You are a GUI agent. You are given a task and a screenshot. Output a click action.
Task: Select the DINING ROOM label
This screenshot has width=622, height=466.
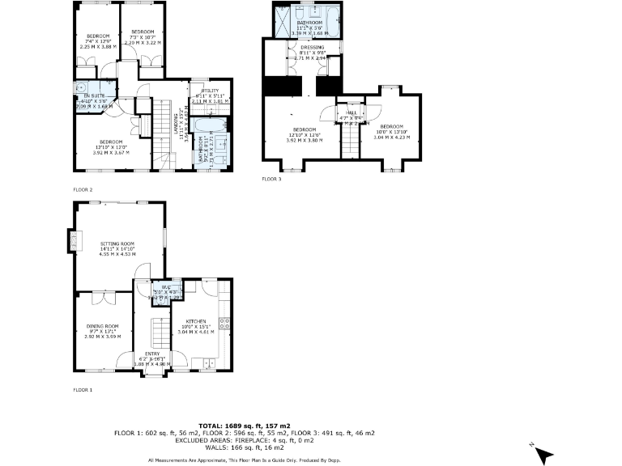[x=101, y=326]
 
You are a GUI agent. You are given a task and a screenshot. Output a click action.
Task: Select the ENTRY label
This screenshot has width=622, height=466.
[x=153, y=354]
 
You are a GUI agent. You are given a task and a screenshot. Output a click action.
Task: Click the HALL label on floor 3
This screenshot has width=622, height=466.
[x=351, y=113]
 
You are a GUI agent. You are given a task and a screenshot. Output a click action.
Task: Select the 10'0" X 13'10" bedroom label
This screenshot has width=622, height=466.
[x=391, y=127]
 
